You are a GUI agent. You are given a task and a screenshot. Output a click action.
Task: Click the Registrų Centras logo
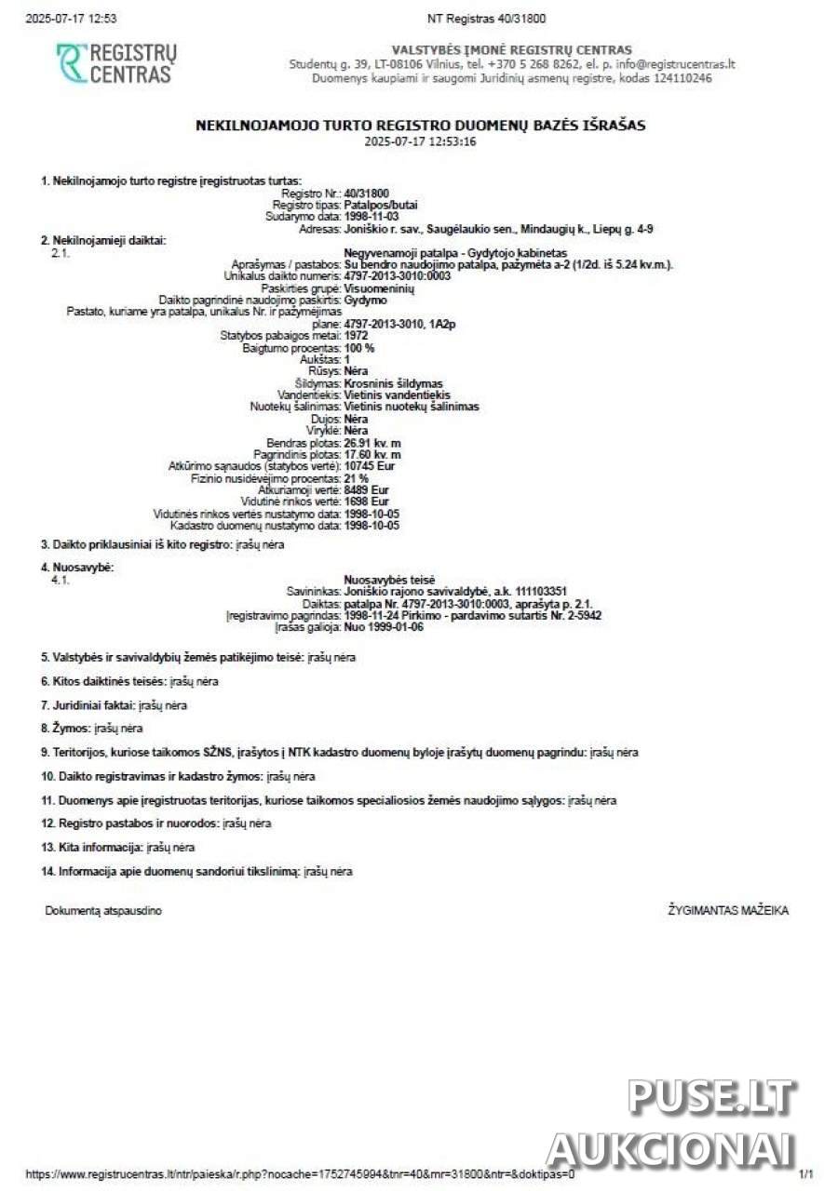tap(115, 63)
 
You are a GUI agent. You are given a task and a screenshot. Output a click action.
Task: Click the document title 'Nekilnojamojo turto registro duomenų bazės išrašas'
tap(420, 125)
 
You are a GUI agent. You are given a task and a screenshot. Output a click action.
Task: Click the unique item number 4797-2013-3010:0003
tap(397, 276)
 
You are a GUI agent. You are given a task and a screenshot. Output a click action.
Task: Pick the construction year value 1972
tap(356, 336)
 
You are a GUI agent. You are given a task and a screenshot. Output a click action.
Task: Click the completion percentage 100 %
tap(359, 348)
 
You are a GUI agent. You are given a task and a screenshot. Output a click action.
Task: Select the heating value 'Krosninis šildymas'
tap(393, 383)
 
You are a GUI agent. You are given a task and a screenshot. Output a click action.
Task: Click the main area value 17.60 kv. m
tap(372, 455)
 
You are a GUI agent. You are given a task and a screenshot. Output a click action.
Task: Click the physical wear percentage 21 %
tap(356, 478)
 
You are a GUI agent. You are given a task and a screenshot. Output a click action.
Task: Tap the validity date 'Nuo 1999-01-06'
tap(384, 627)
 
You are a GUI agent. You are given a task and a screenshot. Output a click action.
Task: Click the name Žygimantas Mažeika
tap(728, 911)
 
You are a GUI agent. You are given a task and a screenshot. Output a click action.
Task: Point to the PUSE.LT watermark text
tap(711, 1098)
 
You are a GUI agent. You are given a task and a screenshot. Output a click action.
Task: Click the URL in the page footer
tap(300, 1174)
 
